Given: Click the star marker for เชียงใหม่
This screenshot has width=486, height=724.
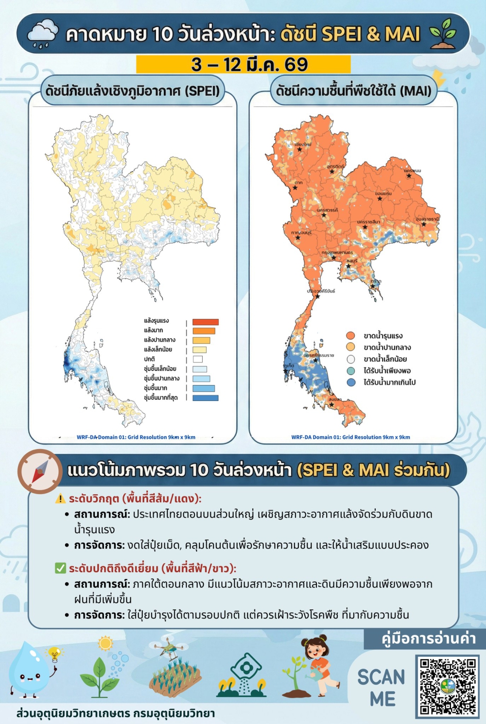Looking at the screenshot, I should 299,149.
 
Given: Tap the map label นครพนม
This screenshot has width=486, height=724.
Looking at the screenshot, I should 412,171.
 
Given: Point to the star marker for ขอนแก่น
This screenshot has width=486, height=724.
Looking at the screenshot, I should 380,199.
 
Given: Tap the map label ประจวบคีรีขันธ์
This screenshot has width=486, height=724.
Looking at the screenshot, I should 321,291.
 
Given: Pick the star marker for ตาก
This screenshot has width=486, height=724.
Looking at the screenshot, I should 295,188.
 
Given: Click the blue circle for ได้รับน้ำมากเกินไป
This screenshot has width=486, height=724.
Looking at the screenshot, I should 351,382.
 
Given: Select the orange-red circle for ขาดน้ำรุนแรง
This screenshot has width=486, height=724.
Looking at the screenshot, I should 351,336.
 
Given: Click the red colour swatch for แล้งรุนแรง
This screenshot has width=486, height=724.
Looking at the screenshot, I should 205,322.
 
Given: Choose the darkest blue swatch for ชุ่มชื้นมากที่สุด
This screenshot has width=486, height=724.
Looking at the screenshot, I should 205,398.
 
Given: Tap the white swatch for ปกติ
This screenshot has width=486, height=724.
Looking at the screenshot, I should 197,359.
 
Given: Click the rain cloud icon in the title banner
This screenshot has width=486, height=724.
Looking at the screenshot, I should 43,33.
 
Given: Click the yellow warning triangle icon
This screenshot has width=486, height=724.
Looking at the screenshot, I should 60,499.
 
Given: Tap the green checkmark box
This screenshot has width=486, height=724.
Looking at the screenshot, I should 60,568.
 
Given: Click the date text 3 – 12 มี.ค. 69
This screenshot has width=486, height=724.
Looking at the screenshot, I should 243,65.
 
